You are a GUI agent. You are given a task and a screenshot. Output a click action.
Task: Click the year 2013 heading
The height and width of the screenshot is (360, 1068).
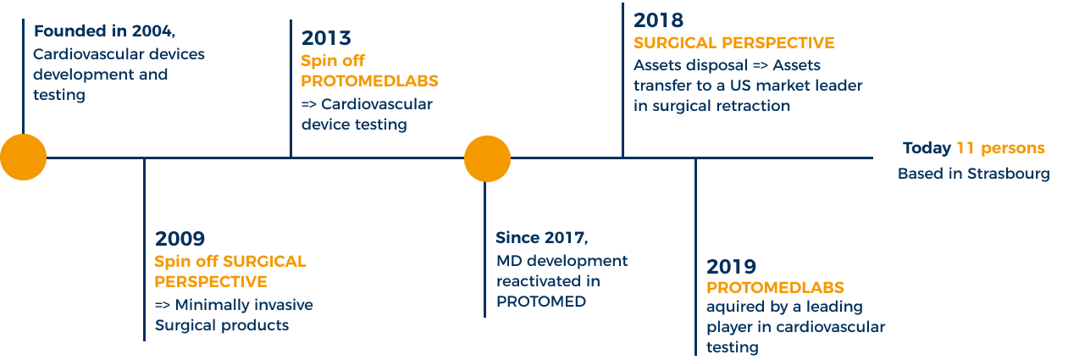(x=326, y=39)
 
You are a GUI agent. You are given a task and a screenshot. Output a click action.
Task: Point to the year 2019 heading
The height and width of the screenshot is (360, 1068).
(x=732, y=267)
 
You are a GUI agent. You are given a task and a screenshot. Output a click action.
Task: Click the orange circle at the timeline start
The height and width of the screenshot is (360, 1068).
(x=23, y=158)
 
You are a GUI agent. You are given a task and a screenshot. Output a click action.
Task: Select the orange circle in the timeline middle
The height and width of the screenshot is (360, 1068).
(x=487, y=158)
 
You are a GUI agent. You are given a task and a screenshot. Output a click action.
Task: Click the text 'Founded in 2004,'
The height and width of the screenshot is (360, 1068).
(x=104, y=32)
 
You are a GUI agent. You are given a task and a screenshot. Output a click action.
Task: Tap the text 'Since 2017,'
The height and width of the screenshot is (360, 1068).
(x=541, y=237)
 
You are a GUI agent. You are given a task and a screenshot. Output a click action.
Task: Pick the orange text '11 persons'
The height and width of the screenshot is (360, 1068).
(x=1000, y=148)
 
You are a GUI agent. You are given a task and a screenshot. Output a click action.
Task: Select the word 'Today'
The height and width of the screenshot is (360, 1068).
(x=927, y=148)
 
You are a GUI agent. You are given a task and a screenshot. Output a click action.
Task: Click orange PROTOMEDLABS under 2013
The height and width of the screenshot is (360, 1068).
(x=370, y=82)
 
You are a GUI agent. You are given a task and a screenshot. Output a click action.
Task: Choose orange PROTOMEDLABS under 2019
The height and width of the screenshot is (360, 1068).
(x=775, y=287)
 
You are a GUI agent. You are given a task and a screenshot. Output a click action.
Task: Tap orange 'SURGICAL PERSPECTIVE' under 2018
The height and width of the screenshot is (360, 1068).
(x=733, y=43)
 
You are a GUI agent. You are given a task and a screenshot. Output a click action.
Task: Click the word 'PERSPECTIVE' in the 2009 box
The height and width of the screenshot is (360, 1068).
(x=211, y=281)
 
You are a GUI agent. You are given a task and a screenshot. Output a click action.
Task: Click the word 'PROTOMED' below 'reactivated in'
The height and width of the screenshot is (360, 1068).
(x=540, y=301)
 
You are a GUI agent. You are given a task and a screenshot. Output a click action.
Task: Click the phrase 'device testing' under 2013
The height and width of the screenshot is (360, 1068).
(x=354, y=125)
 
